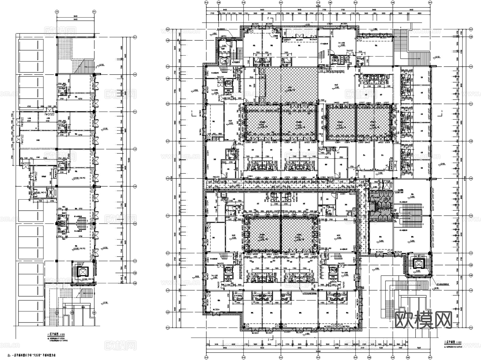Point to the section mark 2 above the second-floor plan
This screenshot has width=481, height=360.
coord(268,18)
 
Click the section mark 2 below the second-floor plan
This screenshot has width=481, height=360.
coord(268,340)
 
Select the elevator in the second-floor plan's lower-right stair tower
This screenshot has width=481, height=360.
coord(417,264)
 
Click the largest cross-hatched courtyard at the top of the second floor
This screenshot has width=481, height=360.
coord(289,86)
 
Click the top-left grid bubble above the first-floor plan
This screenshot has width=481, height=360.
coord(57,12)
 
